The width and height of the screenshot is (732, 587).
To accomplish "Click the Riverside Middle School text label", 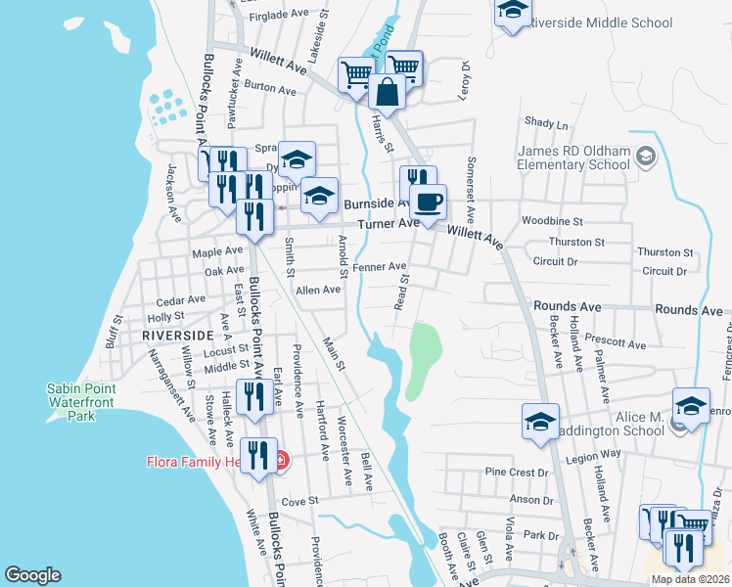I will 599,23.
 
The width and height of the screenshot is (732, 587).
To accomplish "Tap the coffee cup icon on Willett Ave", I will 426,203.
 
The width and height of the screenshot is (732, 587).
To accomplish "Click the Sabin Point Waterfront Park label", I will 81,402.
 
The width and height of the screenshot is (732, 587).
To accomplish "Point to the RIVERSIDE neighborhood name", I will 177,335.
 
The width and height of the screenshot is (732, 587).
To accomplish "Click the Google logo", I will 32,575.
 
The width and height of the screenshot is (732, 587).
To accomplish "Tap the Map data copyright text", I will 689,579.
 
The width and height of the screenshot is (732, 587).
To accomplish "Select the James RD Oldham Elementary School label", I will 573,158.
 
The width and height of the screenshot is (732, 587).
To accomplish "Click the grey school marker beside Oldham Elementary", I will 645,157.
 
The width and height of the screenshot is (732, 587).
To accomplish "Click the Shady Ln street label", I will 546,124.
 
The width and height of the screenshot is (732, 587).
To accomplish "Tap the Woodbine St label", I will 552,222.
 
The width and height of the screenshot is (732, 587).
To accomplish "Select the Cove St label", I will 301,500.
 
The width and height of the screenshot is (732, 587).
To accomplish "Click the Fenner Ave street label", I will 380,266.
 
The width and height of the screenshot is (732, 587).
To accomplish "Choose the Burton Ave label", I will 270,89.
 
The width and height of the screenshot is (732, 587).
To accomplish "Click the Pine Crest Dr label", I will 517,472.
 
